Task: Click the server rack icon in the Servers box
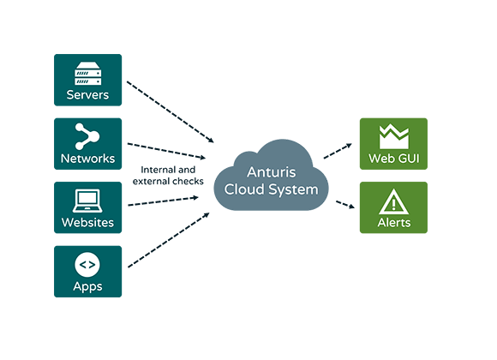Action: coord(87,74)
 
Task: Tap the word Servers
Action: coord(87,95)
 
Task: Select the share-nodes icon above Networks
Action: coord(87,136)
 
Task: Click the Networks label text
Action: coord(87,159)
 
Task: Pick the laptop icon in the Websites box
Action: coord(87,201)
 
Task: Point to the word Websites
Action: coord(87,222)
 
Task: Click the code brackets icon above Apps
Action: coord(87,265)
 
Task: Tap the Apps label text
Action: coord(87,286)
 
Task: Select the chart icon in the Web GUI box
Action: coord(394,136)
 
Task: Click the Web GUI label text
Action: coord(394,159)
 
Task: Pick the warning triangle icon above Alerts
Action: coord(393,201)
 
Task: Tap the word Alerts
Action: coord(394,222)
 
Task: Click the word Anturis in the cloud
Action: coord(272,172)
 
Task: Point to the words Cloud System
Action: coord(271,189)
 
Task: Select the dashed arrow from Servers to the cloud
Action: coord(171,112)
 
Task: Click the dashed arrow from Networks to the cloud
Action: coord(166,151)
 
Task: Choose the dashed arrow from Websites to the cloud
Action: coord(163,201)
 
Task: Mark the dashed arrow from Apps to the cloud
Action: coord(168,240)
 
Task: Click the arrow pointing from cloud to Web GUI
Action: coord(338,151)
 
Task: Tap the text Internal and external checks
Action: coord(168,176)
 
